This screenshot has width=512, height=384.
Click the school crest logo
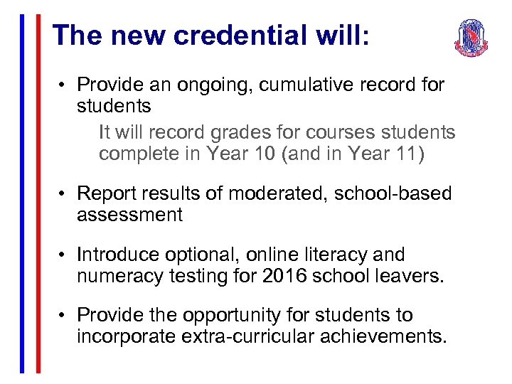click(471, 38)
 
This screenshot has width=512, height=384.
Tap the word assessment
click(129, 215)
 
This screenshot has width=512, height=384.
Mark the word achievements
click(389, 336)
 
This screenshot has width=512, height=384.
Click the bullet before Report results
click(63, 193)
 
